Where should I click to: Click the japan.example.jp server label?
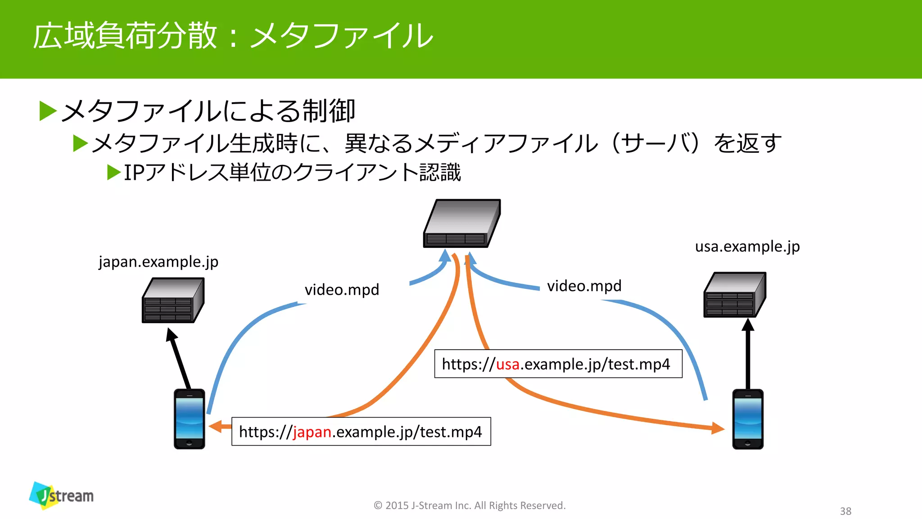[x=158, y=262]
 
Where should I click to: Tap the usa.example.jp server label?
[x=747, y=246]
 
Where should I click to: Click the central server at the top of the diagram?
[x=462, y=223]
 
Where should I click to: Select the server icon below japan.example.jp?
[x=173, y=300]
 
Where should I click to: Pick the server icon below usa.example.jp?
[x=735, y=295]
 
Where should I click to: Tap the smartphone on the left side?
[x=190, y=419]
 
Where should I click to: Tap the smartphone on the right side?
[x=748, y=419]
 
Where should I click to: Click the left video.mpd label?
[x=342, y=290]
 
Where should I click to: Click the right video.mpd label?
[x=584, y=286]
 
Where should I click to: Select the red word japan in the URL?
[x=312, y=432]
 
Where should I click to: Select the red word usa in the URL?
[x=507, y=364]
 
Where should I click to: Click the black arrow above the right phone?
[x=748, y=354]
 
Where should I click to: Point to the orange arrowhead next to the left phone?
[x=217, y=426]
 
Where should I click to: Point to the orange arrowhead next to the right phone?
[x=717, y=428]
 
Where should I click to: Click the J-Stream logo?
[x=61, y=495]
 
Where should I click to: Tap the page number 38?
[x=845, y=511]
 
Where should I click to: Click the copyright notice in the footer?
[x=470, y=505]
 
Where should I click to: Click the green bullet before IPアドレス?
[x=114, y=173]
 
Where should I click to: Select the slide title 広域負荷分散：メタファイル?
[x=233, y=36]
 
